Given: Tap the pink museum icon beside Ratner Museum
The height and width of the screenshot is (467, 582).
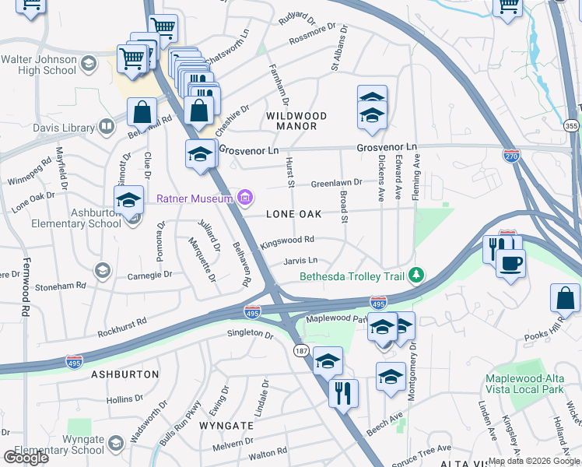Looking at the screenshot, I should [x=246, y=196].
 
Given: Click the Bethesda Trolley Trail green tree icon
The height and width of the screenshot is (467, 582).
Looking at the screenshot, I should [x=417, y=274].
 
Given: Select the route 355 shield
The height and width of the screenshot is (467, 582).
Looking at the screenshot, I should [x=571, y=125].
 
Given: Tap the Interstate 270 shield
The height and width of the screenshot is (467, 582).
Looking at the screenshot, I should [x=511, y=156].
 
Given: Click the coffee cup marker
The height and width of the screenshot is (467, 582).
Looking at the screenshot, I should [x=510, y=263].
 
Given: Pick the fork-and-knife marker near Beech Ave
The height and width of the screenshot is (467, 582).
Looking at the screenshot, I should [x=343, y=393].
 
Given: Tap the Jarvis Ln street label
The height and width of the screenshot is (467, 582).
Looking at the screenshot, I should [x=301, y=260].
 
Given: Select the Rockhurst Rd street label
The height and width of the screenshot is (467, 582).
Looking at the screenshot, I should [x=122, y=327].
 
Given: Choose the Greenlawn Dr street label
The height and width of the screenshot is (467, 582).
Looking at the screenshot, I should [x=337, y=183].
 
